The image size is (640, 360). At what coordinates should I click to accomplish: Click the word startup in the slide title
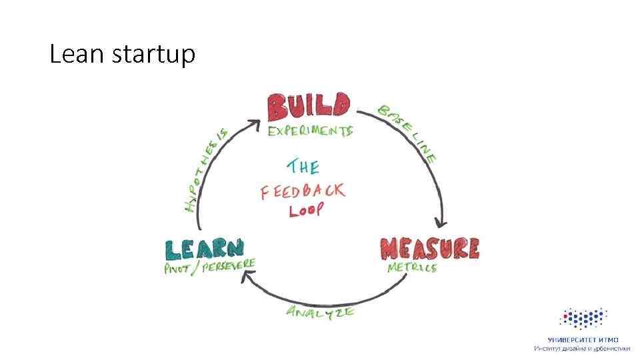pos(153,55)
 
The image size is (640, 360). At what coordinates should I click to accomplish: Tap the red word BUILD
pos(308,107)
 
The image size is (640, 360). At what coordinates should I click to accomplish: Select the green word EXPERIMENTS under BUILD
pos(309,131)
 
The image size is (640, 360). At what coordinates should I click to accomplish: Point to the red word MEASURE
pos(429,249)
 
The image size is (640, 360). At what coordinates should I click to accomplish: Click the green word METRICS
pos(412,267)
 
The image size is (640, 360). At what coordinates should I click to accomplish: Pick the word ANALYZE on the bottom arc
pos(320,311)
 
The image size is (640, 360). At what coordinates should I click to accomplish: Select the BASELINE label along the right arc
pos(407,133)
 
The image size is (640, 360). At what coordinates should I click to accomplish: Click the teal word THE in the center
pos(303,166)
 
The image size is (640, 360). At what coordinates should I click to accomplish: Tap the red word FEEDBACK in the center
pos(303,191)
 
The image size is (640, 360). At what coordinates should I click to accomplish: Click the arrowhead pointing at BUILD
pos(254,123)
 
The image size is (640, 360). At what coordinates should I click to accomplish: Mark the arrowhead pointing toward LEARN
pos(246,282)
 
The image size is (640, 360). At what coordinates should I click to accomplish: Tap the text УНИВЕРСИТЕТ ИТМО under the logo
pos(583,340)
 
